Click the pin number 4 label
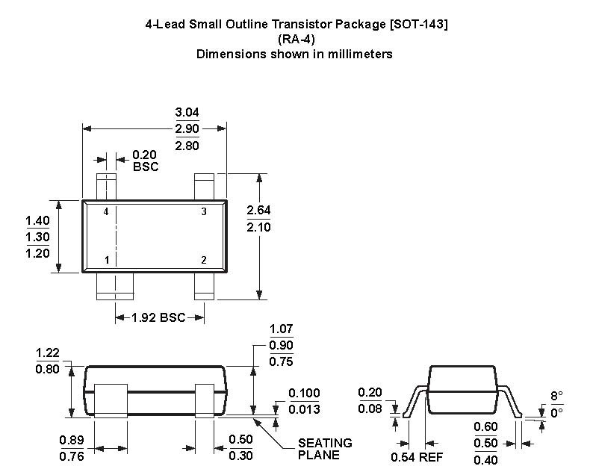pos(106,212)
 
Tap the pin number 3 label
pos(204,212)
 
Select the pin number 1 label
pos(107,261)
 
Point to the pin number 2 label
pos(203,261)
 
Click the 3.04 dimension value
pos(187,112)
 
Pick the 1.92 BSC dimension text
pos(158,317)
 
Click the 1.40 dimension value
pos(37,220)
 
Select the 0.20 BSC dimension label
pos(145,161)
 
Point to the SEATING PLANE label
pos(325,449)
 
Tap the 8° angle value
pos(556,397)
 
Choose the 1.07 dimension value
pos(281,329)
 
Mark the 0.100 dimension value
pos(304,394)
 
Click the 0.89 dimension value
pos(72,440)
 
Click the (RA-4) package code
pos(294,39)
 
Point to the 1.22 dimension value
pos(47,353)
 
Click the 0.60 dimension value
pos(486,426)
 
